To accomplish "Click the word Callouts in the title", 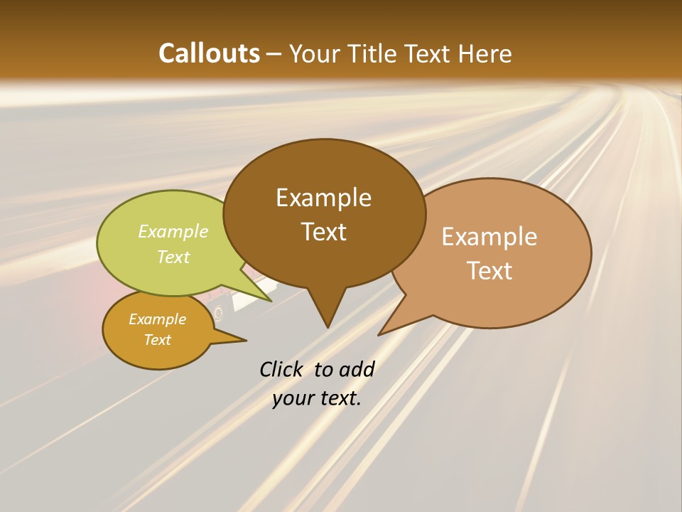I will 209,53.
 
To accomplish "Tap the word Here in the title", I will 485,53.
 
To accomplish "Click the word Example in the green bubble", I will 173,232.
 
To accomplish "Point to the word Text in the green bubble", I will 173,257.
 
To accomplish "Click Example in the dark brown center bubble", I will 323,198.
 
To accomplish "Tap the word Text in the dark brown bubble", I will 324,232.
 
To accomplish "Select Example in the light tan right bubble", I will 489,237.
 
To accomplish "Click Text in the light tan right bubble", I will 489,271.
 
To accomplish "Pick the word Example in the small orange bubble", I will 157,319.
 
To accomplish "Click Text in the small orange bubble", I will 157,340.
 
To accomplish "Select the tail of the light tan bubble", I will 384,332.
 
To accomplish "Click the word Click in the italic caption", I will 282,369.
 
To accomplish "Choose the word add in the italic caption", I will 357,369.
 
